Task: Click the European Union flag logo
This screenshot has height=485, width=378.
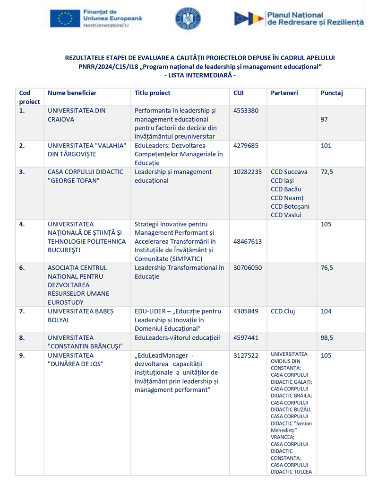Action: point(65,18)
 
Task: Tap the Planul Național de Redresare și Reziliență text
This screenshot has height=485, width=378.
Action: point(315,19)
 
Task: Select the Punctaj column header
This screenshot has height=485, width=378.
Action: point(331,93)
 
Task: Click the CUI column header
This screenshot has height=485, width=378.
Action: point(239,93)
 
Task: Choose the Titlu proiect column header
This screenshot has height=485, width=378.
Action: point(153,93)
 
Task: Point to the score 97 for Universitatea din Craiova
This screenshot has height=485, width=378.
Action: point(325,120)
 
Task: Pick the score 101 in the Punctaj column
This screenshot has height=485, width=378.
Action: point(326,146)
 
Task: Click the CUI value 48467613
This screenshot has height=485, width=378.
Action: point(248,241)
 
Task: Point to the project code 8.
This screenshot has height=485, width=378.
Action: point(22,338)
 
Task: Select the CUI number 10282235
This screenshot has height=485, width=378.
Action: point(248,172)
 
